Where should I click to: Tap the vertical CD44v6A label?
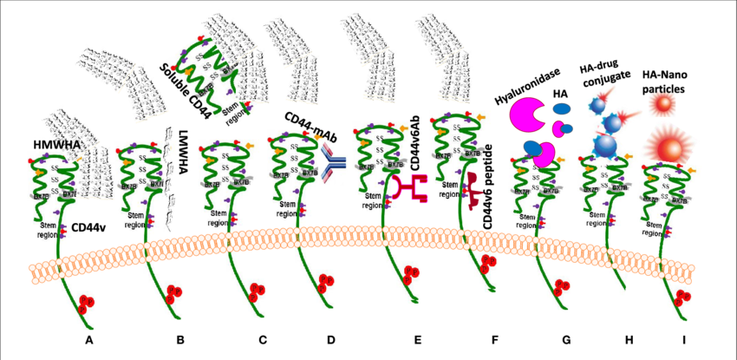point(414,147)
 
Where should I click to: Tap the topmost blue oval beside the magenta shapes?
point(562,109)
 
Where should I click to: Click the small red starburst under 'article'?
point(662,104)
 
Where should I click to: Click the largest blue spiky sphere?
point(607,142)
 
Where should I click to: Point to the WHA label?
point(69,143)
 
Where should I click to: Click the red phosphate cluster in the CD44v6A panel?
point(410,277)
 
